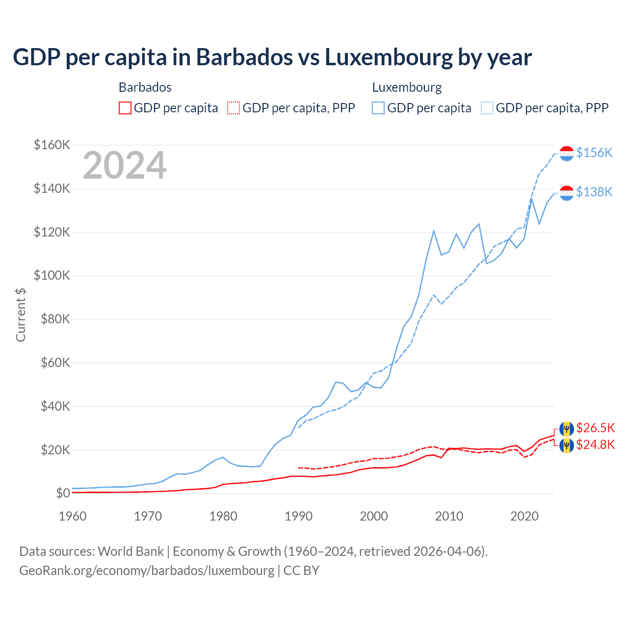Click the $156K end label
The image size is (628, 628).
(x=594, y=153)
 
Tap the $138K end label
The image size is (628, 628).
(x=594, y=192)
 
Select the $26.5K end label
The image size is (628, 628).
(x=595, y=428)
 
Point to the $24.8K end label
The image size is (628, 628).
(x=595, y=445)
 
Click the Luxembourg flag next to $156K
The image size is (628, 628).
(x=567, y=153)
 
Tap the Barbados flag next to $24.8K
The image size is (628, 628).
(x=567, y=445)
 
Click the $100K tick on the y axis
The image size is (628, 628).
(x=52, y=275)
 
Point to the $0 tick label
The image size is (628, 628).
(x=63, y=493)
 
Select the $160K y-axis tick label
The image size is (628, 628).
(x=52, y=145)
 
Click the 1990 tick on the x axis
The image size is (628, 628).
(x=298, y=516)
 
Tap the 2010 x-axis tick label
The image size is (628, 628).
(x=449, y=516)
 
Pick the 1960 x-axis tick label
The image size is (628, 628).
(x=73, y=516)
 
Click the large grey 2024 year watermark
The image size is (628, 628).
(x=125, y=165)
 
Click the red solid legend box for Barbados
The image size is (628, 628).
(x=125, y=108)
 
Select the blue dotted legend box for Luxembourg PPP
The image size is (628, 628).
(x=487, y=108)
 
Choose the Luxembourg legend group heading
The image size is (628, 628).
(x=407, y=87)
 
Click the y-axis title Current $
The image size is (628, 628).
(x=21, y=314)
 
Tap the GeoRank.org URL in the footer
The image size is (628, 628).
(x=147, y=570)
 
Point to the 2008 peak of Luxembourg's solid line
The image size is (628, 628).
(x=434, y=231)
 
